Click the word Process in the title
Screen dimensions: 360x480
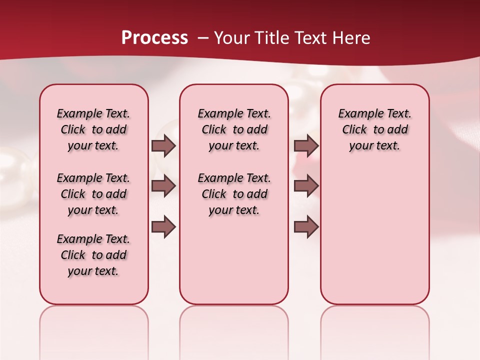(154, 38)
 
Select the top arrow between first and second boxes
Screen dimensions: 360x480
(163, 145)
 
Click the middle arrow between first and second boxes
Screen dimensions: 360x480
(163, 185)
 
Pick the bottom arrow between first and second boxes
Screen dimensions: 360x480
(163, 227)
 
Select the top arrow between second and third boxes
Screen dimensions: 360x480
(306, 145)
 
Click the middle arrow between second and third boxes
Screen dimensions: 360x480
(306, 185)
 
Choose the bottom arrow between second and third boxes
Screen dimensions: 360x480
(306, 227)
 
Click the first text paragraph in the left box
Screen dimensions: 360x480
(93, 129)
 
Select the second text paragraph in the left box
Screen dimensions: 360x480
(93, 194)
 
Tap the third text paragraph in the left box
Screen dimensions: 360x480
(93, 255)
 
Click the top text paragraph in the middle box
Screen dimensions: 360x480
(234, 129)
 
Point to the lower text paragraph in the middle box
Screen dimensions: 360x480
(234, 194)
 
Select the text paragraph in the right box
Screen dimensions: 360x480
(374, 129)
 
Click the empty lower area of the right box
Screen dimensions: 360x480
(374, 235)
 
